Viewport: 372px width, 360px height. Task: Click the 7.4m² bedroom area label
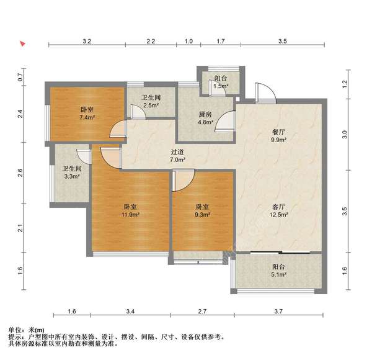click(87, 113)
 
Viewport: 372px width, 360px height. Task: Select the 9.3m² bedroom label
click(202, 210)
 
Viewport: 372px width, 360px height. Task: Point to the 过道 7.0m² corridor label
click(177, 156)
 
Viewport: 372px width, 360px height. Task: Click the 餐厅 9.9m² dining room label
click(278, 135)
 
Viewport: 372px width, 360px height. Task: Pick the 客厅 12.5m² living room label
click(278, 210)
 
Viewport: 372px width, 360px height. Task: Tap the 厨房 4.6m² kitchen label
click(205, 119)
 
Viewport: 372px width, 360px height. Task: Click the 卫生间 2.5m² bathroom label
click(151, 101)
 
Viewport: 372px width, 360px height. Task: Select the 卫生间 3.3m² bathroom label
click(72, 173)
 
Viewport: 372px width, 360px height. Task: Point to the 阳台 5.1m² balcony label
click(278, 271)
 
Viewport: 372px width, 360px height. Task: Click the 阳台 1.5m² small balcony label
click(221, 82)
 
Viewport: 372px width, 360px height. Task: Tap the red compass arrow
click(22, 43)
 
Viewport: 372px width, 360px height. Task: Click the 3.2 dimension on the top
click(87, 42)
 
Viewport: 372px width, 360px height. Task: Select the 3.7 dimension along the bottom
click(278, 311)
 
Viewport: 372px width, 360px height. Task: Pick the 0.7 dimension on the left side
click(20, 77)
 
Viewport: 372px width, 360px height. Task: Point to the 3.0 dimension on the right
click(345, 135)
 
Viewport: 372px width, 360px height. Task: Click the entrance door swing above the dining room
click(265, 93)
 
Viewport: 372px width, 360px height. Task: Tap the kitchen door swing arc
click(225, 122)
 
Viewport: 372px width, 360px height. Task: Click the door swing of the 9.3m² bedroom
click(184, 181)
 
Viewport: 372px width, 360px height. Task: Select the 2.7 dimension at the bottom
click(202, 311)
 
